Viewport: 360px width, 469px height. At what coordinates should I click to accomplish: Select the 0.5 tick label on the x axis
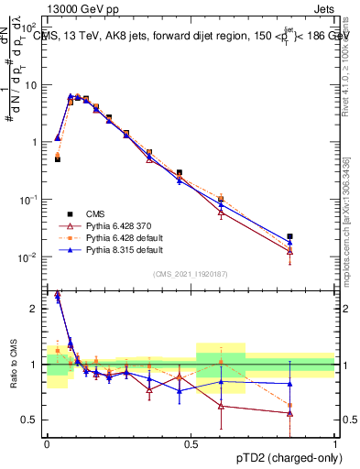pyautogui.click(x=191, y=444)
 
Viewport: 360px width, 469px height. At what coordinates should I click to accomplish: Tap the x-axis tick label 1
pyautogui.click(x=334, y=444)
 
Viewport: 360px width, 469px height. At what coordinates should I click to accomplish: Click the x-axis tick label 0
pyautogui.click(x=47, y=444)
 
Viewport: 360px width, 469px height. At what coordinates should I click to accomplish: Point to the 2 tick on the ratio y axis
pyautogui.click(x=37, y=310)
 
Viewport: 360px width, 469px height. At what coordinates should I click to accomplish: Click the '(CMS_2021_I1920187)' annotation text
pyautogui.click(x=191, y=272)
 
